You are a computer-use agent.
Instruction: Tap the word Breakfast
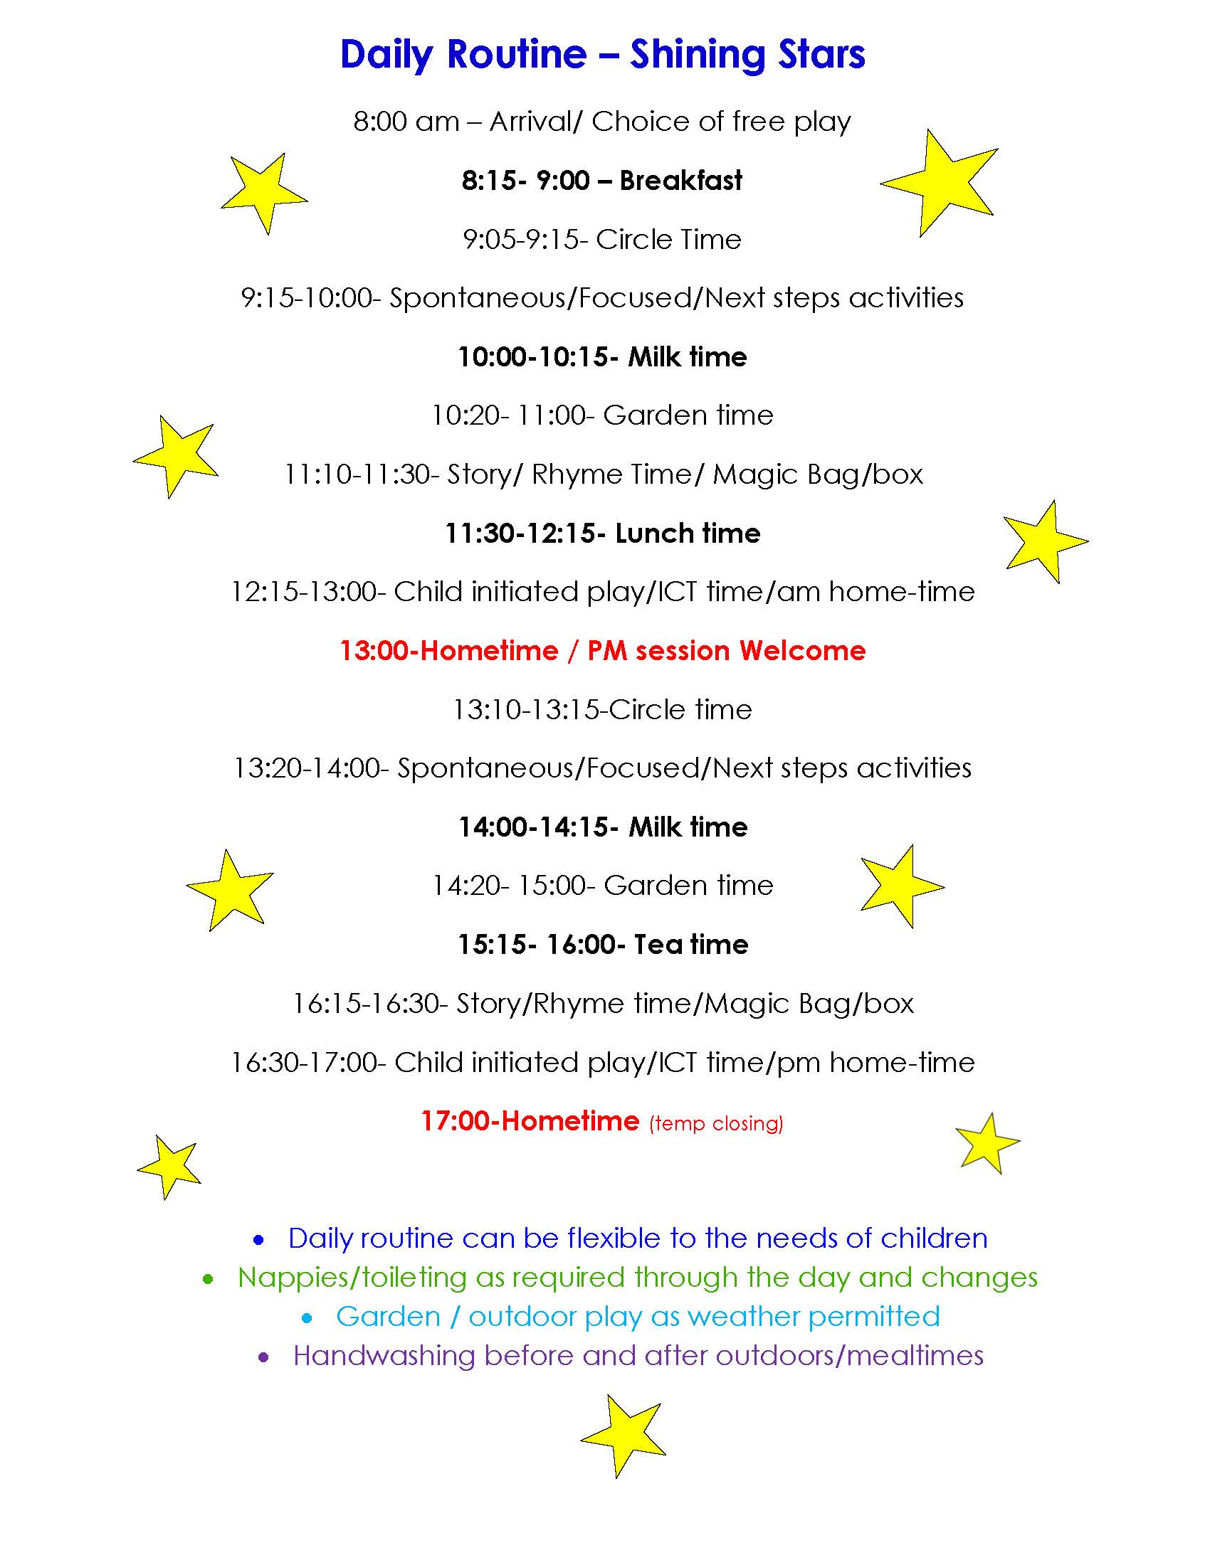pos(680,181)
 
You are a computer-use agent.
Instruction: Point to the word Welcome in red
pos(802,651)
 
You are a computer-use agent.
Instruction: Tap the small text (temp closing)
pos(716,1123)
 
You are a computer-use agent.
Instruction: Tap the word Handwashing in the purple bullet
pos(384,1356)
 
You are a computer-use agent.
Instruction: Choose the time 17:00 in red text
pos(456,1120)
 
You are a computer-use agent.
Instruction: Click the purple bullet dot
pos(264,1357)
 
